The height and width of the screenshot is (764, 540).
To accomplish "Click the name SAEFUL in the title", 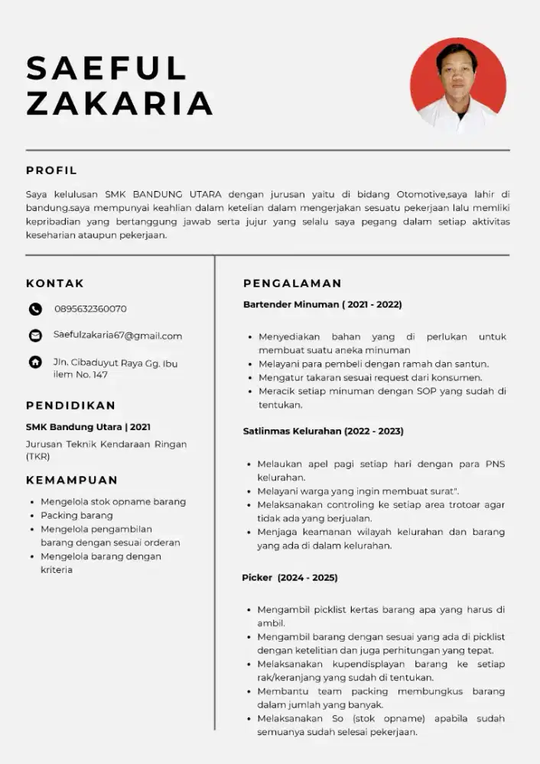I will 106,68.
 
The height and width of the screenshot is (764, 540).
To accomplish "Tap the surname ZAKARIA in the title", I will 119,103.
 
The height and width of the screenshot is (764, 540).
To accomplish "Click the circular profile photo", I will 458,86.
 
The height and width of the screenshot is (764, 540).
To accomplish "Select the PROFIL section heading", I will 51,170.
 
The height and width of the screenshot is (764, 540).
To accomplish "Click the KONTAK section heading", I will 55,283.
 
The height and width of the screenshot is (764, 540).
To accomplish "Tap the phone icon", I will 35,309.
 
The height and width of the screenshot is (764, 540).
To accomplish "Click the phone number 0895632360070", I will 90,309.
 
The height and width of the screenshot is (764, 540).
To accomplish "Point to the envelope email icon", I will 35,335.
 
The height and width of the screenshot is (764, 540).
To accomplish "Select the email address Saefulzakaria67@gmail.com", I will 118,335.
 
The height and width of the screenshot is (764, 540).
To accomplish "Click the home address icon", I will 35,362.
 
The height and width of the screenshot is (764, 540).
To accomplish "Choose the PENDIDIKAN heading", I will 70,405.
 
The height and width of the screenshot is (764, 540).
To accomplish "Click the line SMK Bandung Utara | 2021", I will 88,427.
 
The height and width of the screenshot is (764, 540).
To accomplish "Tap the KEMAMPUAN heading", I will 72,480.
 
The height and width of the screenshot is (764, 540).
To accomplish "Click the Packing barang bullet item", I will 76,516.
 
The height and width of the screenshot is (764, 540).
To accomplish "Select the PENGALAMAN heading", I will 292,283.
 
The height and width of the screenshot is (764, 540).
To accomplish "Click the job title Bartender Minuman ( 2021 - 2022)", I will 322,305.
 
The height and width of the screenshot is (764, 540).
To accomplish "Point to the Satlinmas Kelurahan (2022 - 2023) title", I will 323,431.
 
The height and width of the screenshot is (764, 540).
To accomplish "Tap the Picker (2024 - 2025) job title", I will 289,578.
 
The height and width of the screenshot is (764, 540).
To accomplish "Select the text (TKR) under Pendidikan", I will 38,457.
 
